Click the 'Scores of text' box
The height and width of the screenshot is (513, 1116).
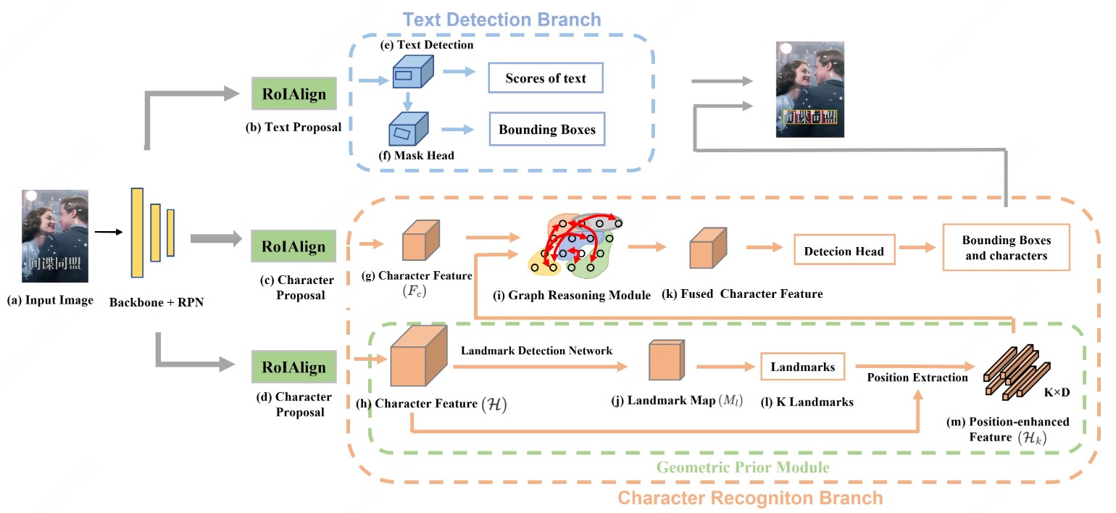pos(545,78)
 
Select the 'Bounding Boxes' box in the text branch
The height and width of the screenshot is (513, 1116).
pos(546,130)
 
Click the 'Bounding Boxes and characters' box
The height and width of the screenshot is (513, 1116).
pos(1006,248)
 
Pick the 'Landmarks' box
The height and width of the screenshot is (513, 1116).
pos(802,367)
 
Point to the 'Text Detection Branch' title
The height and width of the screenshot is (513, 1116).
pos(501,19)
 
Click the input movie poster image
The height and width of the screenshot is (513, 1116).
pos(55,235)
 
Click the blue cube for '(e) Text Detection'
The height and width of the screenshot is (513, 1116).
pos(412,73)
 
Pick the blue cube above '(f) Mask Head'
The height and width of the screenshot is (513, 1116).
pos(407,130)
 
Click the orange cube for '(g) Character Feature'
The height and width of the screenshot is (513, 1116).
pos(421,238)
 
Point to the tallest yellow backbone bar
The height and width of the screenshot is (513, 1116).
pos(137,232)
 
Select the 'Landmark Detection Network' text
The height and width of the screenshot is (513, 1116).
pos(536,351)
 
